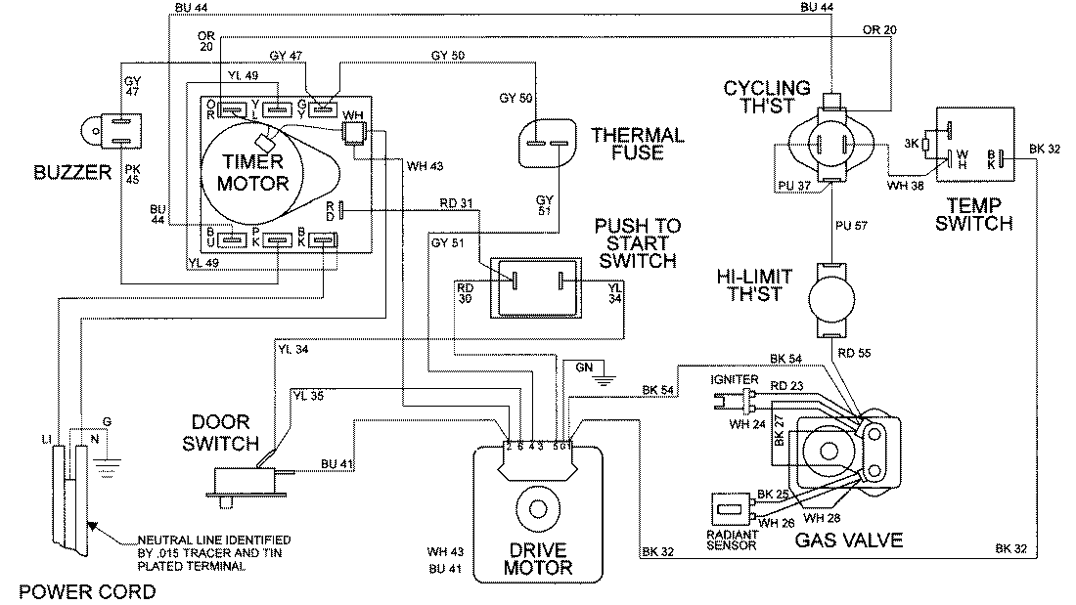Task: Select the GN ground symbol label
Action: coord(584,366)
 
